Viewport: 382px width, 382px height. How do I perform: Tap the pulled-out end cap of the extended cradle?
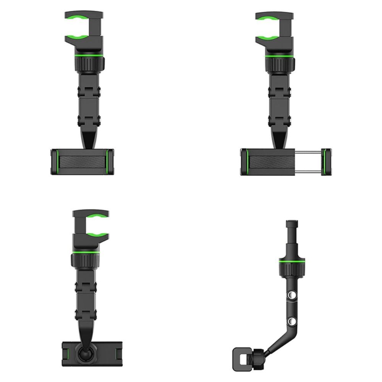(326, 162)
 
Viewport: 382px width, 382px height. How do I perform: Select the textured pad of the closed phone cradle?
(82, 162)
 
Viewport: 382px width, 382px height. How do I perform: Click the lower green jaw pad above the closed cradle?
(78, 38)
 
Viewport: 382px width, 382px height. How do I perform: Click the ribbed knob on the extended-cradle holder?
(279, 63)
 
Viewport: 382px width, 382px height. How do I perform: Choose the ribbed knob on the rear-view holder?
(85, 261)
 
